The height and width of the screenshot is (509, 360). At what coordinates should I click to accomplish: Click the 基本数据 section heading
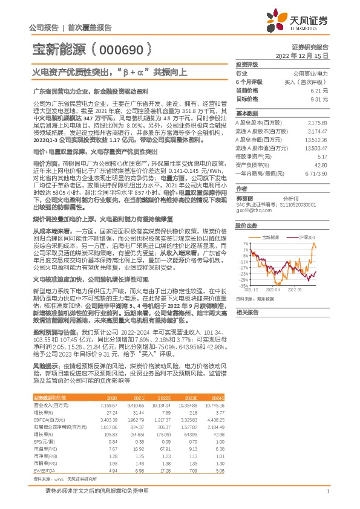[246, 114]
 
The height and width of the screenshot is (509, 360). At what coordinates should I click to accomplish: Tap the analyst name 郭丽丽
[244, 198]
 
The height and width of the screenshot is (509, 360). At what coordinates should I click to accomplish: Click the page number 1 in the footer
[327, 491]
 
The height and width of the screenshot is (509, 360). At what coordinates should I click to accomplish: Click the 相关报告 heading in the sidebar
[247, 312]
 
